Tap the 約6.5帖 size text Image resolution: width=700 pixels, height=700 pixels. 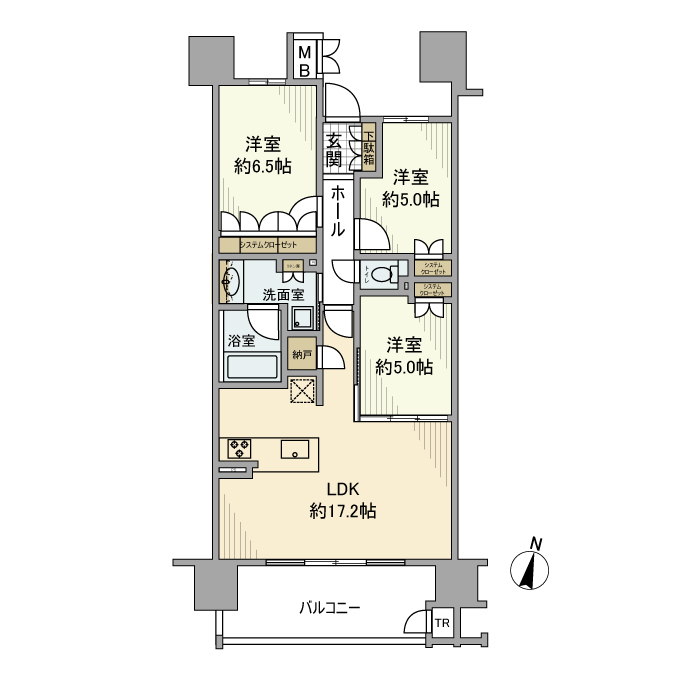(x=262, y=166)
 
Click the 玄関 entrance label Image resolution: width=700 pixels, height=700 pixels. (x=334, y=150)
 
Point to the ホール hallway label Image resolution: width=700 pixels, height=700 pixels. (x=338, y=210)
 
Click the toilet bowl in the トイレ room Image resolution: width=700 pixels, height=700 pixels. (x=381, y=273)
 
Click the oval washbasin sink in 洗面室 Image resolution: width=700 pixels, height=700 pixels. (x=232, y=283)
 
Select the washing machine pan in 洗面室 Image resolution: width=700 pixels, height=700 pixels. (x=302, y=318)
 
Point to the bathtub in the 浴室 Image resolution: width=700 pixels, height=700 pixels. (x=252, y=366)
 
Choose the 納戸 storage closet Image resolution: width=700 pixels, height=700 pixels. (x=301, y=353)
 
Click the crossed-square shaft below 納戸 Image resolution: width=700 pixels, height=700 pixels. (x=302, y=391)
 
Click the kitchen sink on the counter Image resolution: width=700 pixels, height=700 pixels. (x=295, y=449)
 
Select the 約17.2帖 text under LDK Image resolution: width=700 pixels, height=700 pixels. (x=343, y=512)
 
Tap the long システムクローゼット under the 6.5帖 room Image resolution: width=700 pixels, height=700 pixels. (x=269, y=245)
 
